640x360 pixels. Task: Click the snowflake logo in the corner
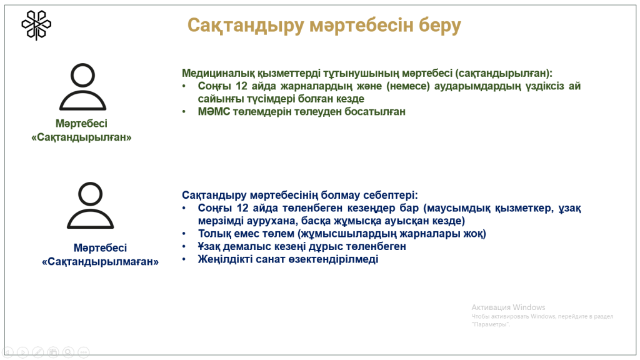(x=36, y=25)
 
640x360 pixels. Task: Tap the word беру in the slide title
(x=440, y=25)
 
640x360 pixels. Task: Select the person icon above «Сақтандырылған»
(x=83, y=86)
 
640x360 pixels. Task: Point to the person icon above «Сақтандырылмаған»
(x=90, y=205)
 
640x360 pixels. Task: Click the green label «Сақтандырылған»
(x=82, y=137)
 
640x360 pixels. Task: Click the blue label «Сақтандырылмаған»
(x=101, y=262)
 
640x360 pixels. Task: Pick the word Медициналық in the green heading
(x=218, y=73)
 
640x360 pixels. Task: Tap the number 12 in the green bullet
(x=242, y=86)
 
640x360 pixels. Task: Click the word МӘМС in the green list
(x=214, y=111)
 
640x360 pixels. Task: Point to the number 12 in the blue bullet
(x=242, y=208)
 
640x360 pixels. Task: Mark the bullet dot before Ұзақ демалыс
(x=184, y=246)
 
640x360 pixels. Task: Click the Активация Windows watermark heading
(x=508, y=307)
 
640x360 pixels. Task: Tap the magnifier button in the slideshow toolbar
(x=69, y=352)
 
